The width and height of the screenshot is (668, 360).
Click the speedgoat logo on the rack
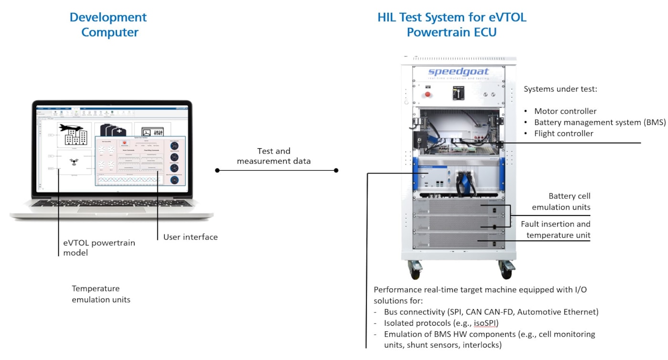click(458, 72)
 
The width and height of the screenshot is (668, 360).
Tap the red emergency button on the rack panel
click(427, 94)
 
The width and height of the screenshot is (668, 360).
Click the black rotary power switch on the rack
click(458, 93)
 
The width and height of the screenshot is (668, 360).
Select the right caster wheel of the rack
click(505, 270)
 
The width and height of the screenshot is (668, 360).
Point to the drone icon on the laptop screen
click(74, 162)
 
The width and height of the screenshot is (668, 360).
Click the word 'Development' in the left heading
click(108, 18)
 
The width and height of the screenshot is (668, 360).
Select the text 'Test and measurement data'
click(274, 156)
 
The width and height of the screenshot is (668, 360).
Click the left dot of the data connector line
click(217, 170)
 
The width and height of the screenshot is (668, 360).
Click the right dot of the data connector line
click(336, 170)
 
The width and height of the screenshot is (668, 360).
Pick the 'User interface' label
click(190, 237)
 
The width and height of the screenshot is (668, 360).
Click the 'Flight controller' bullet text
click(564, 134)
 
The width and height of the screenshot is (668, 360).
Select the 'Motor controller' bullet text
click(565, 111)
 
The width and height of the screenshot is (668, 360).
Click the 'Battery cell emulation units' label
click(561, 202)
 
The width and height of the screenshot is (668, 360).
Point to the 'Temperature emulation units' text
click(101, 294)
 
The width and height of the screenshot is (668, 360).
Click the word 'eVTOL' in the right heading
click(507, 18)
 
